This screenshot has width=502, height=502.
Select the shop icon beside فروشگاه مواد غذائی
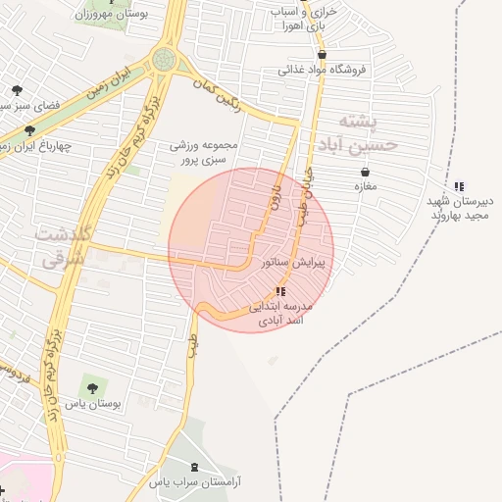pyautogui.click(x=321, y=55)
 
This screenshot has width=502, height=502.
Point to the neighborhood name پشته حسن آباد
pyautogui.click(x=356, y=132)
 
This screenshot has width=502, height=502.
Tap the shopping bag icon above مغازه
pyautogui.click(x=365, y=172)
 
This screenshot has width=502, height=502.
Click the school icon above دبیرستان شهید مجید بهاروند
pyautogui.click(x=459, y=186)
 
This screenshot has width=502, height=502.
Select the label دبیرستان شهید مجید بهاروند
pyautogui.click(x=460, y=208)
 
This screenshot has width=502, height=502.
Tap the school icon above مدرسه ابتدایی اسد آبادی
pyautogui.click(x=281, y=291)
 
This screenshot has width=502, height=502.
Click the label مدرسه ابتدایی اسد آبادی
pyautogui.click(x=281, y=313)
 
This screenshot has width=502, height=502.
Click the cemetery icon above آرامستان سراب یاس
pyautogui.click(x=194, y=467)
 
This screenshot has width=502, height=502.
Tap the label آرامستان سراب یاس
pyautogui.click(x=196, y=482)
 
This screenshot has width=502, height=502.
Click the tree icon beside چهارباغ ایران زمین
pyautogui.click(x=29, y=130)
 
